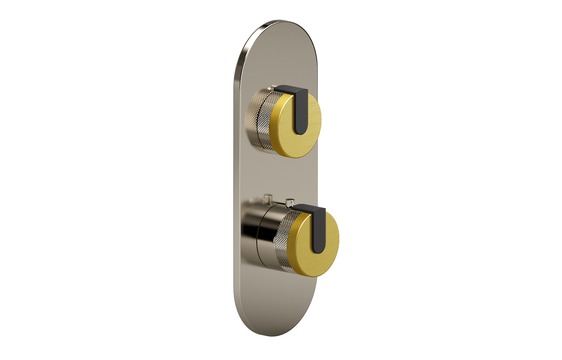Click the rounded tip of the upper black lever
[x=301, y=129]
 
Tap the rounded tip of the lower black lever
[x=319, y=248]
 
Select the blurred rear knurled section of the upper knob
[x=250, y=120]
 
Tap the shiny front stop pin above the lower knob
[x=289, y=203]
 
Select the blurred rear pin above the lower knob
[x=269, y=198]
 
